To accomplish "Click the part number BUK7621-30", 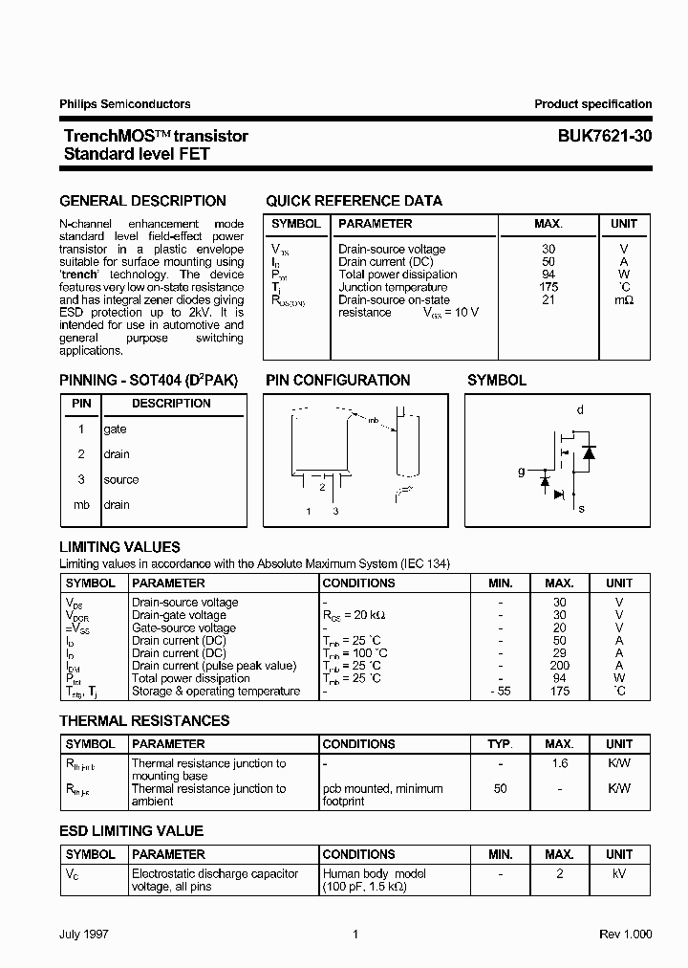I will click(605, 136).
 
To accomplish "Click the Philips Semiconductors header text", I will click(125, 104).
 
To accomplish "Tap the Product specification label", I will click(592, 104).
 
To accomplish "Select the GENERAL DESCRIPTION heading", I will click(143, 201).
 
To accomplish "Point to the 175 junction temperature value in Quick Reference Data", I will click(548, 287).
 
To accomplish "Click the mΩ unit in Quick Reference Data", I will click(624, 300).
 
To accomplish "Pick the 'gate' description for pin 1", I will click(116, 429).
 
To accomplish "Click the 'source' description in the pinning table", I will click(121, 479).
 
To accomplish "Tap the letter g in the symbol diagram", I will click(521, 471).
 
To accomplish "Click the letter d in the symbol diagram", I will click(579, 410).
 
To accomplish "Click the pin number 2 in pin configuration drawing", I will click(322, 487).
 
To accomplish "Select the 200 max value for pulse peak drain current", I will click(560, 666).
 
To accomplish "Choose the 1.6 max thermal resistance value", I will click(560, 763).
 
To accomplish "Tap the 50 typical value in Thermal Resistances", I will click(501, 789).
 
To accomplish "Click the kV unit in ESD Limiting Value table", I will click(619, 873).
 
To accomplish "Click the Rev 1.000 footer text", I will click(626, 935).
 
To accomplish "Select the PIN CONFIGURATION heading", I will click(338, 380).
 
